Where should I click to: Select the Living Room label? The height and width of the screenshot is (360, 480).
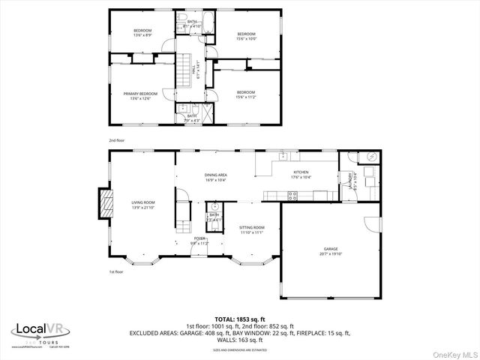coord(143,202)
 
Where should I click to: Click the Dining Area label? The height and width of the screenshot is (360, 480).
coord(216,175)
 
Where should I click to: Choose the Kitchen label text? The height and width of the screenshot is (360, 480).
coord(300,172)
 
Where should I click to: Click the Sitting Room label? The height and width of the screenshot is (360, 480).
coord(251,226)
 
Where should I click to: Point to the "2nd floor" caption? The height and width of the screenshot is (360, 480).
coord(116,140)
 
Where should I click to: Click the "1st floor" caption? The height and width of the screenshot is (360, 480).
coord(116,271)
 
